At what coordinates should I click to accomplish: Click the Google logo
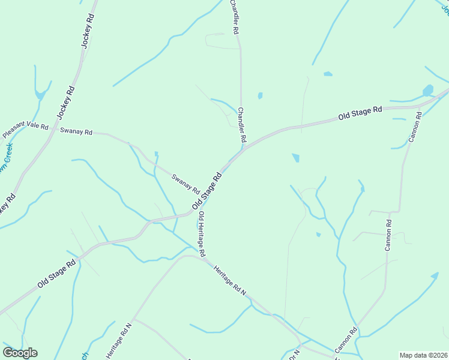point(20,353)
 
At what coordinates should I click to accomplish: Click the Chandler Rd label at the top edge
point(235,16)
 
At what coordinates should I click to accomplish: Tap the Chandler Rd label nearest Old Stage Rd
point(241,124)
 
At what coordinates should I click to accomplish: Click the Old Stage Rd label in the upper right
point(360,113)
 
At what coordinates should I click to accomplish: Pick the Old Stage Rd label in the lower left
point(56,273)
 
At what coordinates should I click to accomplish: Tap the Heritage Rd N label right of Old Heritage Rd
point(230,281)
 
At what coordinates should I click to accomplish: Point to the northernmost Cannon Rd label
point(415,127)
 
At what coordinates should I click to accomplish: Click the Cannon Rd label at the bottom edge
point(346,340)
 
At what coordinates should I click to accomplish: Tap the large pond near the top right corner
point(427,91)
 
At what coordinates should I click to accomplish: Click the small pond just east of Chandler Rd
point(260,95)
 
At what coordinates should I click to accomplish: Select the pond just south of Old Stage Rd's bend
point(296,158)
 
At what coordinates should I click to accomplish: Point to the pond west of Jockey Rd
point(40,94)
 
